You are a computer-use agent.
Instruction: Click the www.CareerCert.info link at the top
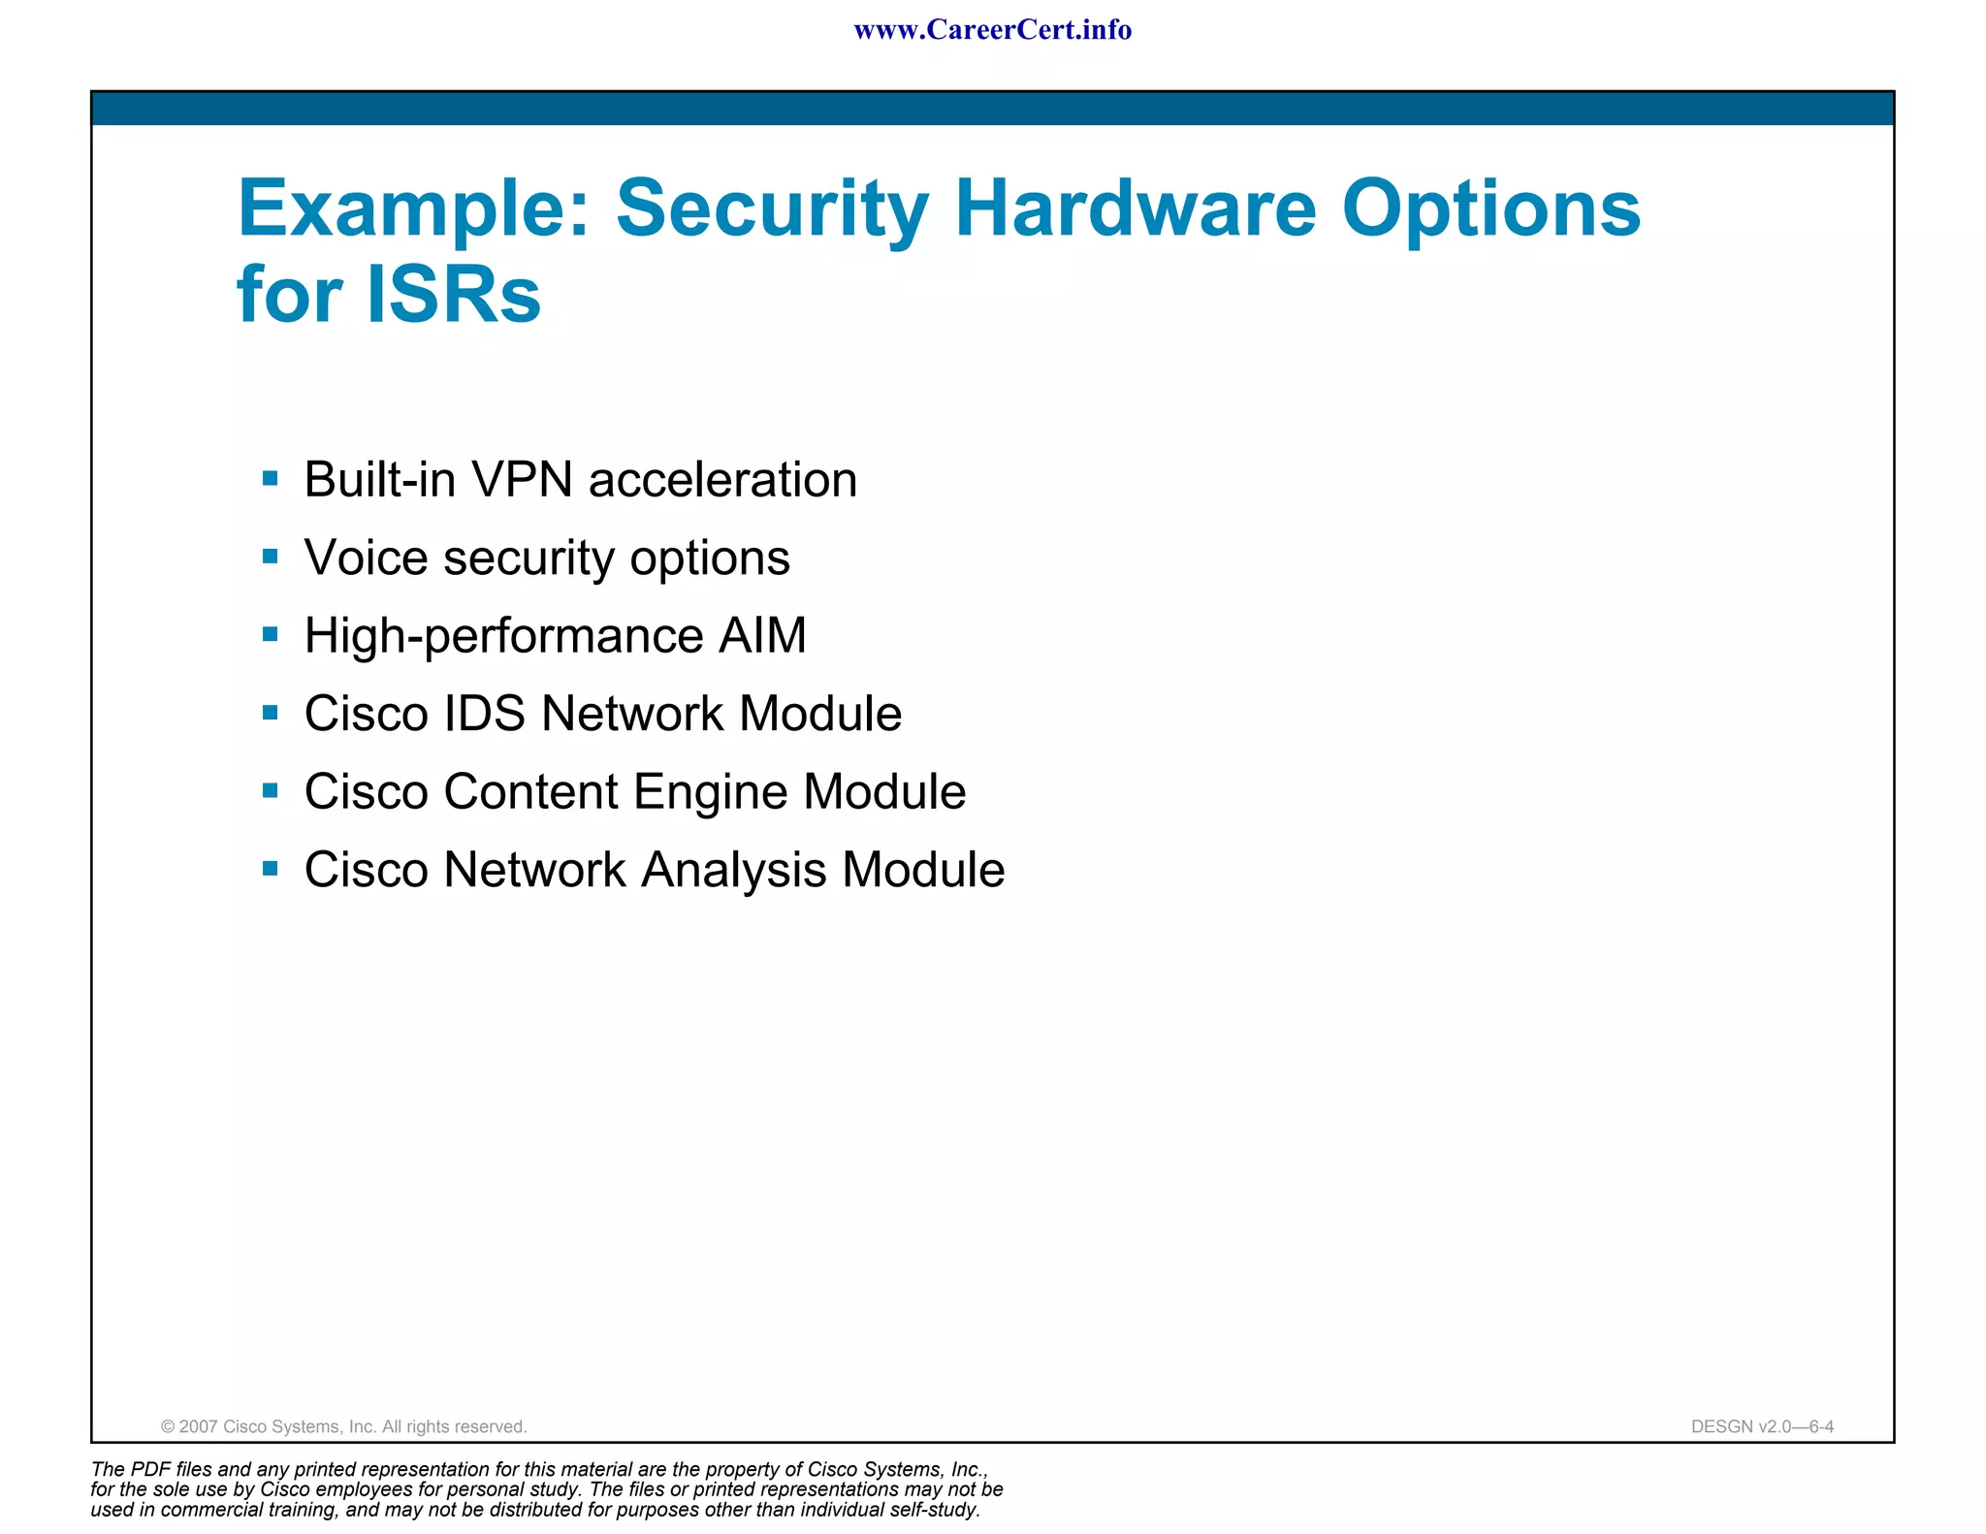[992, 30]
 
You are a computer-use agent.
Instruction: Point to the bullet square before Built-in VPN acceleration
[271, 478]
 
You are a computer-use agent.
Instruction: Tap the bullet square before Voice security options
[271, 557]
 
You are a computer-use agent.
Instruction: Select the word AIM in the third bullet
[762, 636]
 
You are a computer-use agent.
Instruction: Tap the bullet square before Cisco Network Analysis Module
[271, 869]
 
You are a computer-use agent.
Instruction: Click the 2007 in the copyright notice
[198, 1426]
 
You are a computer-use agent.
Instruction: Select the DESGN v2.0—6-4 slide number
[1761, 1426]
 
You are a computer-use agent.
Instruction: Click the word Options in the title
[1490, 209]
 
